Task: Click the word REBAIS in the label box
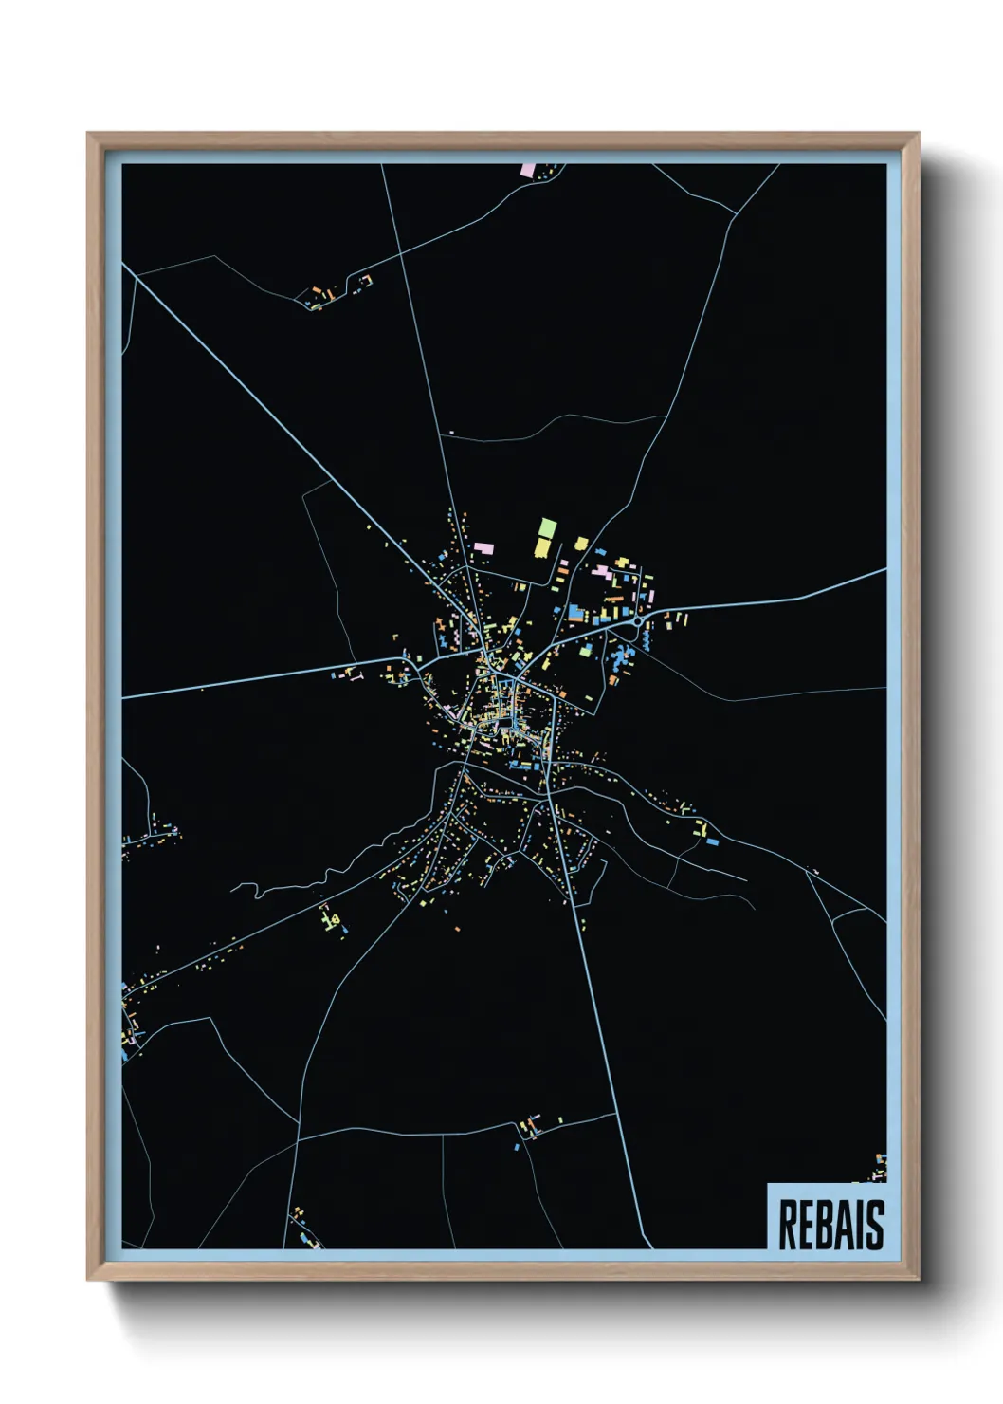pyautogui.click(x=830, y=1224)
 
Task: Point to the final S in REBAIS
pyautogui.click(x=875, y=1225)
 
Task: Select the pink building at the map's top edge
pyautogui.click(x=527, y=170)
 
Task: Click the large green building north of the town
pyautogui.click(x=546, y=528)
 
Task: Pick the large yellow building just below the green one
pyautogui.click(x=542, y=547)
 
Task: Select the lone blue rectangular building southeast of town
pyautogui.click(x=713, y=841)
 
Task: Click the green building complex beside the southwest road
pyautogui.click(x=333, y=919)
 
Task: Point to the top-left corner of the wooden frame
pyautogui.click(x=88, y=134)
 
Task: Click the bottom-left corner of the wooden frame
pyautogui.click(x=88, y=1279)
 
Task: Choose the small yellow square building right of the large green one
pyautogui.click(x=580, y=544)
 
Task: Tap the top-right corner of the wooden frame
pyautogui.click(x=918, y=134)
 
